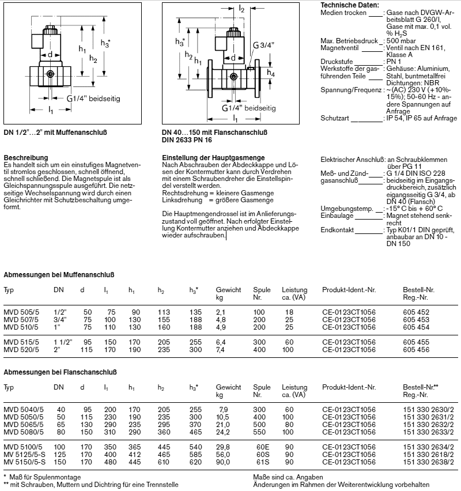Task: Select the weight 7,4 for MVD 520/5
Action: (x=222, y=349)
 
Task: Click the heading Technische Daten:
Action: (x=350, y=5)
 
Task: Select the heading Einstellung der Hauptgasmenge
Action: (x=213, y=157)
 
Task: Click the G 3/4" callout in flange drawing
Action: (x=263, y=46)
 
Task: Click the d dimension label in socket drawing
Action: (x=50, y=55)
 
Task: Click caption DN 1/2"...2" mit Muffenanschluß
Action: (x=55, y=132)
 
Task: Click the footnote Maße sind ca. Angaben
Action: (x=288, y=477)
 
